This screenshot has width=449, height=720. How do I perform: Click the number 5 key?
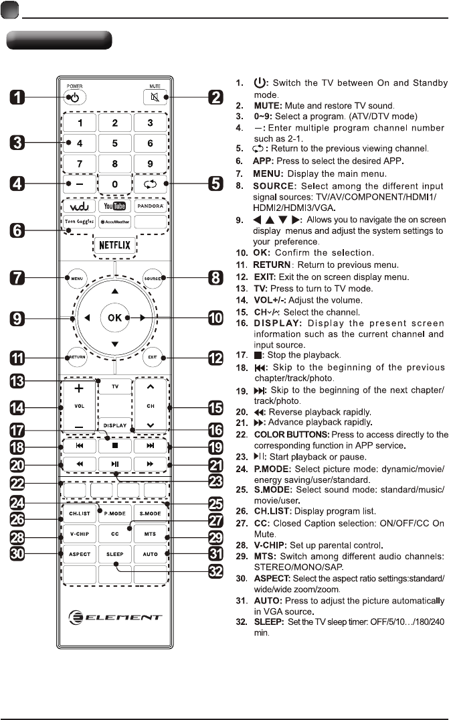(x=115, y=143)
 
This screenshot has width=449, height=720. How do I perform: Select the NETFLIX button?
(x=115, y=244)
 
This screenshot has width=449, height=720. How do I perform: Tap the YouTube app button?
(x=115, y=206)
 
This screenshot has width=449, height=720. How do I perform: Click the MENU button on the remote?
(x=78, y=277)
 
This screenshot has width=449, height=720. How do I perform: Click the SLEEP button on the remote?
(x=115, y=555)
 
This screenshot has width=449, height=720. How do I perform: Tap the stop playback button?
(x=115, y=445)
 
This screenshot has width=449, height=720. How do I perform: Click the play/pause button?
(x=115, y=463)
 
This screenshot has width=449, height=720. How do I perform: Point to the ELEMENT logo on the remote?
(x=115, y=617)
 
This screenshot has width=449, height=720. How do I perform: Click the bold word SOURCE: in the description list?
(x=274, y=186)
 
